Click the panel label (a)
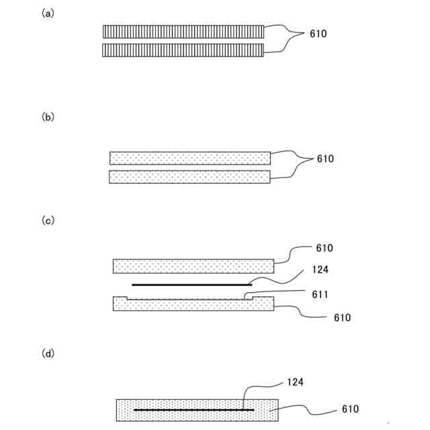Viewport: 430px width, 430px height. click(48, 13)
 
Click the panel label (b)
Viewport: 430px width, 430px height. click(48, 117)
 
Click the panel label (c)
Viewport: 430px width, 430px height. click(48, 220)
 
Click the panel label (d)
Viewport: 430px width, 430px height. click(48, 352)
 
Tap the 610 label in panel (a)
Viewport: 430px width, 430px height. click(318, 34)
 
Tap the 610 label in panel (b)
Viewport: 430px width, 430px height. click(325, 159)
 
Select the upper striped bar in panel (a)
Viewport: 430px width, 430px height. click(183, 32)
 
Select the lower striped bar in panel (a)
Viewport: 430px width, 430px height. click(183, 50)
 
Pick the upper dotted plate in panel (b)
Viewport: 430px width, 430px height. click(189, 158)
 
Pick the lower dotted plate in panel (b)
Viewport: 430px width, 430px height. click(189, 177)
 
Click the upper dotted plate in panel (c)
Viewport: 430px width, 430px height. click(193, 265)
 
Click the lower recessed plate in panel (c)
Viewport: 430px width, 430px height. click(193, 305)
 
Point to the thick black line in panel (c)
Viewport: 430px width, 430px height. click(191, 285)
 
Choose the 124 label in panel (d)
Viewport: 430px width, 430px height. click(295, 382)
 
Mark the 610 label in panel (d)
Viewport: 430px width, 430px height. click(350, 409)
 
